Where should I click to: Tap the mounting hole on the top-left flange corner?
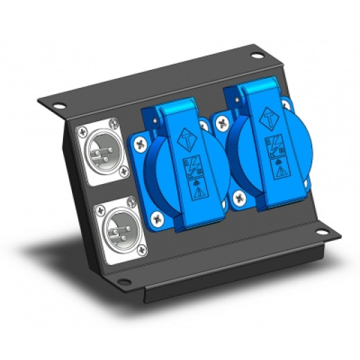click(59, 107)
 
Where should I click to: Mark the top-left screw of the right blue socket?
click(222, 123)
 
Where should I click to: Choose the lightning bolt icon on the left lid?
click(189, 166)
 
